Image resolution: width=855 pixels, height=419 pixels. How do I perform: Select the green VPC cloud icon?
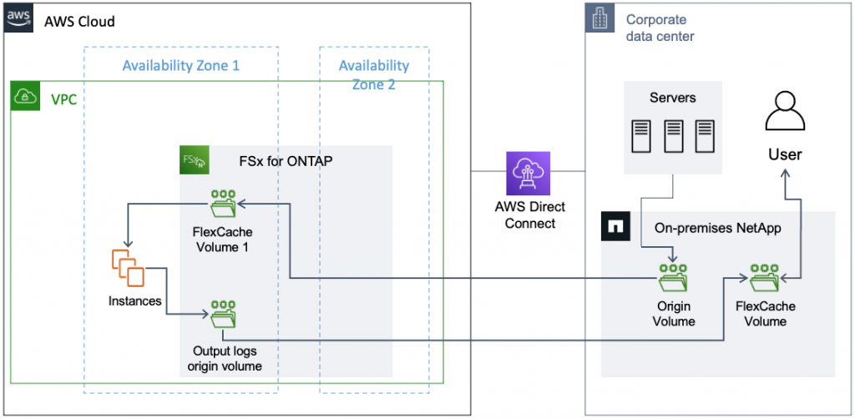point(24,98)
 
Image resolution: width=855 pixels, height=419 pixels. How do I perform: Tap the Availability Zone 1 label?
point(180,65)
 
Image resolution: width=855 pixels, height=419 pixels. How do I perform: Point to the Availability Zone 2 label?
point(373,74)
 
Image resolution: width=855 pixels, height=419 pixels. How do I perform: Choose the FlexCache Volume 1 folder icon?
point(223,203)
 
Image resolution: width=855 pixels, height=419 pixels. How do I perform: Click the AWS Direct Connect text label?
point(529,215)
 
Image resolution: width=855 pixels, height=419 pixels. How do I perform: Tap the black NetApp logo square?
point(616,226)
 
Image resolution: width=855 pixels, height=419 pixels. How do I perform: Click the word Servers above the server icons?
point(673,98)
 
